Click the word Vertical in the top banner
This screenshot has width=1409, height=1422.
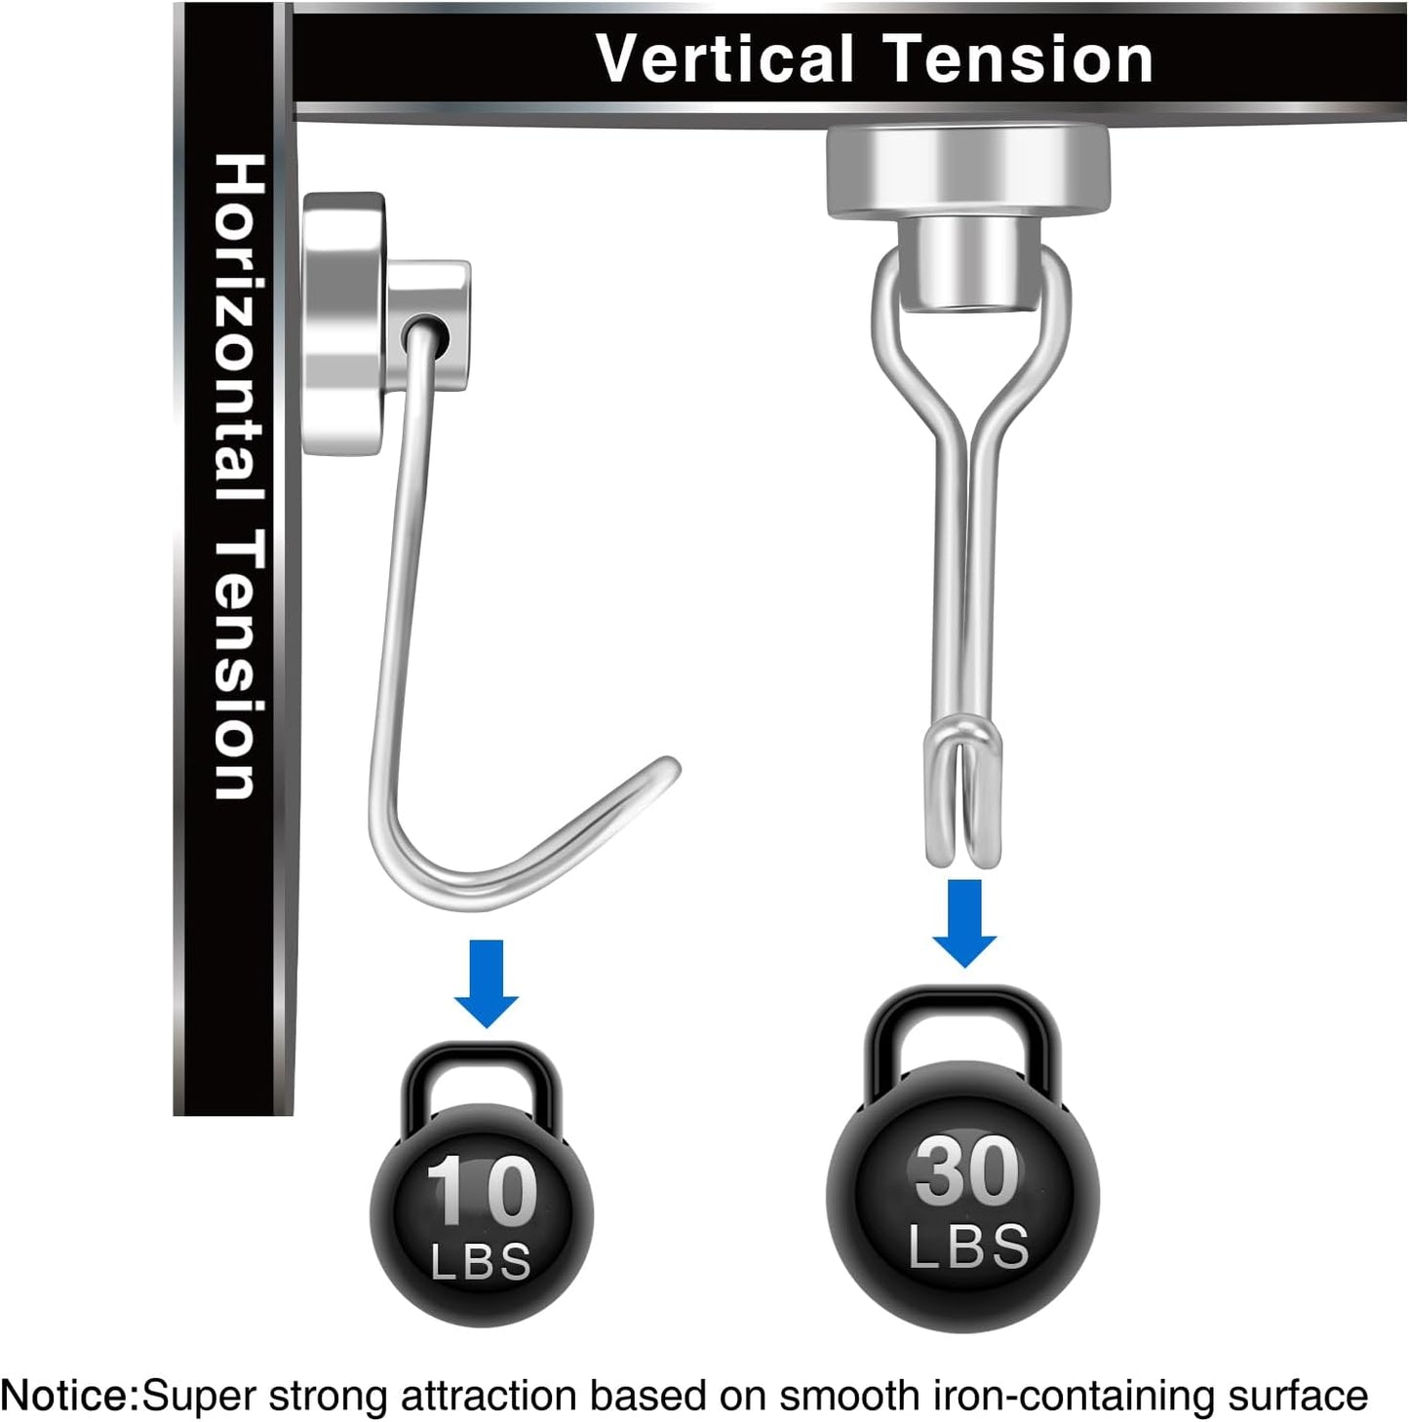click(x=724, y=59)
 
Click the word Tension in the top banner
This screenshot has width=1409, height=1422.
click(x=1018, y=59)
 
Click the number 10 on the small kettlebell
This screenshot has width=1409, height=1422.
click(x=481, y=1190)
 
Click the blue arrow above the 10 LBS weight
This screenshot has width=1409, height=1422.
click(x=486, y=983)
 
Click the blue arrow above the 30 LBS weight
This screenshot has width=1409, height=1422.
click(x=964, y=923)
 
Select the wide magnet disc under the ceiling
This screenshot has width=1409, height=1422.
click(x=967, y=172)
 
